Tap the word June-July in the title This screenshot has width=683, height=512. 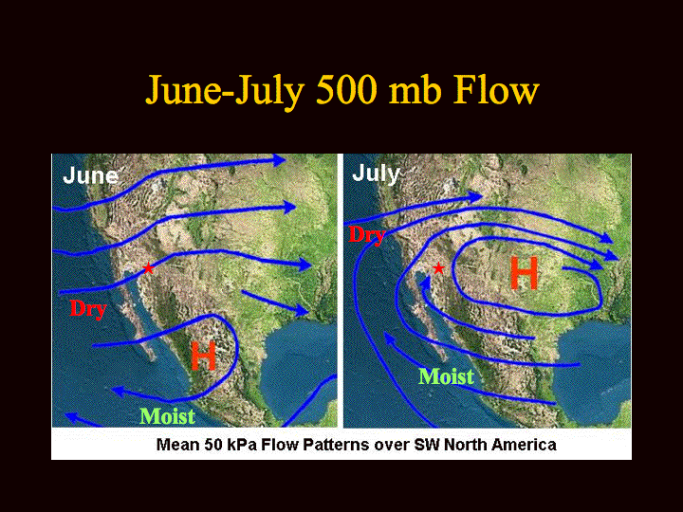224,92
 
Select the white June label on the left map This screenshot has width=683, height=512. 91,176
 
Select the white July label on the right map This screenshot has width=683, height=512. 376,174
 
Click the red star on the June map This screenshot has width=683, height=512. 148,268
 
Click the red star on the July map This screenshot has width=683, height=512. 438,268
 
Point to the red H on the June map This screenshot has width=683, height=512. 203,356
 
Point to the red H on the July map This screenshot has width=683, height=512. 524,273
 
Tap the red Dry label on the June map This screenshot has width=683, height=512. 88,309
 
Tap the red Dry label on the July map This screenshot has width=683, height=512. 367,236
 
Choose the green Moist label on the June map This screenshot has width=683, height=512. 167,416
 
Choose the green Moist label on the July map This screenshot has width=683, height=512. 446,376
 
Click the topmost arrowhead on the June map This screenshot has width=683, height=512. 279,160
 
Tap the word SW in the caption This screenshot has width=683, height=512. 427,445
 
